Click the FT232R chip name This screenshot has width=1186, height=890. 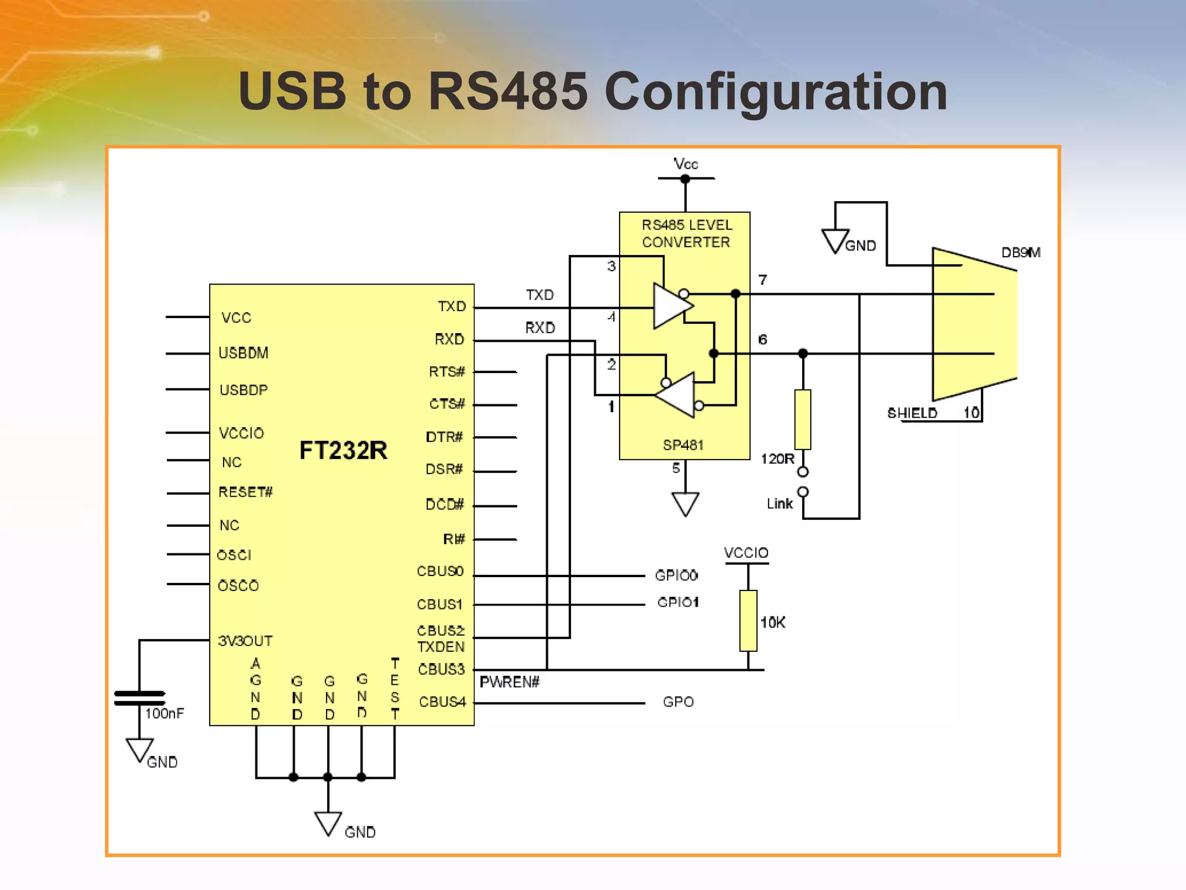(343, 450)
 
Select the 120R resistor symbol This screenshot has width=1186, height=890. (803, 420)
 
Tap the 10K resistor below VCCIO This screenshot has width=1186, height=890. (748, 621)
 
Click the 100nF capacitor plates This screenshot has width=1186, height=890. (140, 698)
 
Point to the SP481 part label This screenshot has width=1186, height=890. (683, 445)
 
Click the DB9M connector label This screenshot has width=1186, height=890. (1021, 253)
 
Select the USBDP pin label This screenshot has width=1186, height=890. (243, 390)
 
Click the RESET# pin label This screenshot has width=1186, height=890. (246, 492)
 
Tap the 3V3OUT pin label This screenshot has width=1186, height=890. (245, 641)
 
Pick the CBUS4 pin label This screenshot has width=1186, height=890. (442, 702)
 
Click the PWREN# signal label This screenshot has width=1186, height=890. (510, 682)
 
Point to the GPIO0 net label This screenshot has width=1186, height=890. (676, 575)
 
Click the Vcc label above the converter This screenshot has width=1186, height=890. (686, 164)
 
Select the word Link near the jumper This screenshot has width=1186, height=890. (779, 504)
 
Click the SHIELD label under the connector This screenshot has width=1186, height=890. (912, 413)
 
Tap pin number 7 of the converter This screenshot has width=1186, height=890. (763, 280)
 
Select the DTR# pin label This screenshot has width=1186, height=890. (444, 437)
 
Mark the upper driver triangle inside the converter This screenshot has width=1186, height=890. (671, 305)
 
